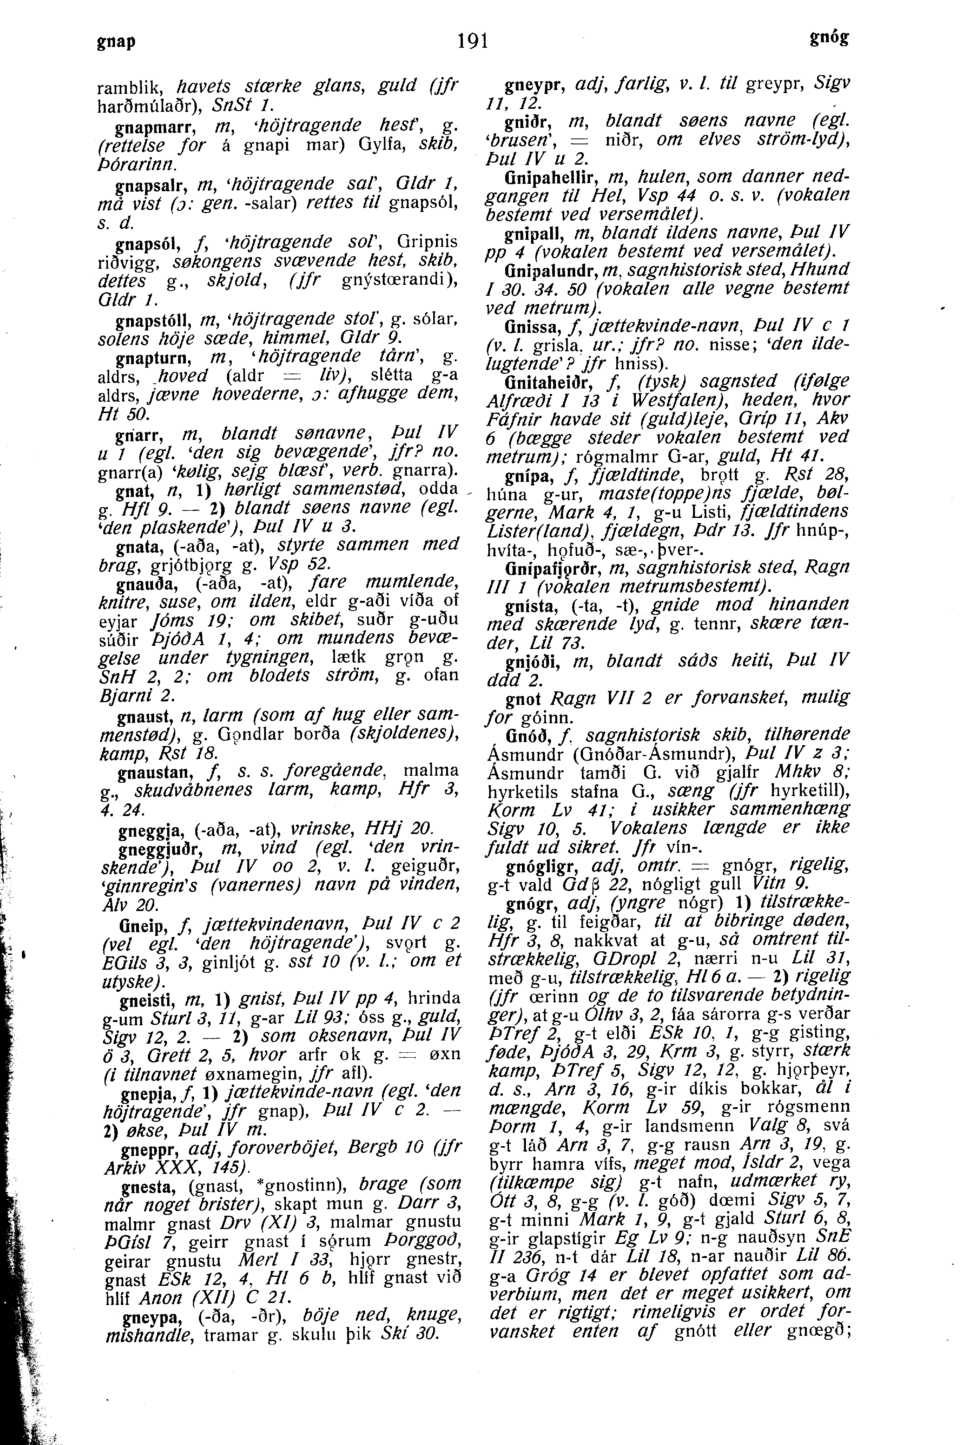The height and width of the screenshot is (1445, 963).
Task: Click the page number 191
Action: pyautogui.click(x=473, y=42)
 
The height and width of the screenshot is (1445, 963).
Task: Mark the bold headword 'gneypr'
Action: pyautogui.click(x=530, y=83)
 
